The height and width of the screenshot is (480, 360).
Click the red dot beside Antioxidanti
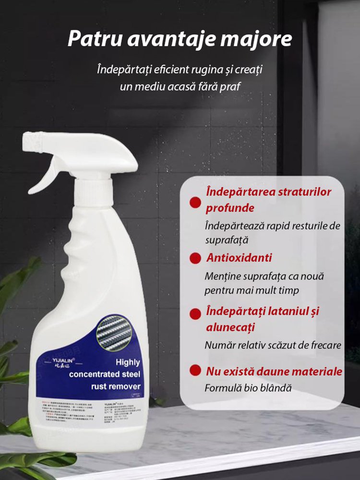point(195,258)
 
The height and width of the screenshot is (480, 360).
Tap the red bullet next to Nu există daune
point(195,371)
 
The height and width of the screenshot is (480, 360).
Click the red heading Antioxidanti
point(239,258)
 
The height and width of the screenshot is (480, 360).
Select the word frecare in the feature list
point(324,345)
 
